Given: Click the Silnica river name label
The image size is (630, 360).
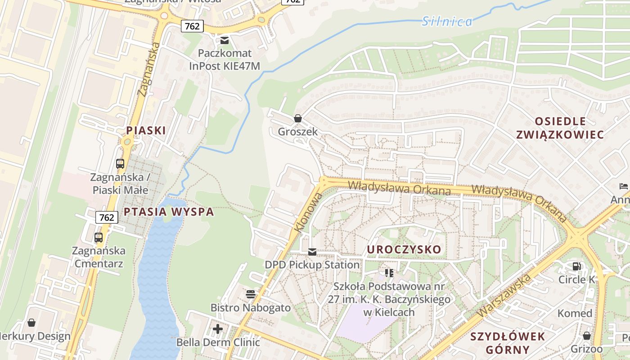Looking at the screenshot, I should pyautogui.click(x=447, y=22).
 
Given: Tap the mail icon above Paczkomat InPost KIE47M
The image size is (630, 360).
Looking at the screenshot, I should pyautogui.click(x=225, y=41).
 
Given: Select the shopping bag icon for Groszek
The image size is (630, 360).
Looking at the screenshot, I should pyautogui.click(x=297, y=118).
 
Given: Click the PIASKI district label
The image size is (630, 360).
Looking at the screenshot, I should pyautogui.click(x=146, y=130).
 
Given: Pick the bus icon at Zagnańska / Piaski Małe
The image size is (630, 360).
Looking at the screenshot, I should pyautogui.click(x=120, y=164).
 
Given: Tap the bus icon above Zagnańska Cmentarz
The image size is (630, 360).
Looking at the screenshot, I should pyautogui.click(x=98, y=237).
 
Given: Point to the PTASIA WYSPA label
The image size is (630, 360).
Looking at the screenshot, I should pyautogui.click(x=169, y=211).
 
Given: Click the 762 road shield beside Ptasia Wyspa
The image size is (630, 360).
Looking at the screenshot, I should pyautogui.click(x=107, y=218).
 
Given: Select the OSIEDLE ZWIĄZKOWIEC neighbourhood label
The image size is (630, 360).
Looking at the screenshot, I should pyautogui.click(x=560, y=128).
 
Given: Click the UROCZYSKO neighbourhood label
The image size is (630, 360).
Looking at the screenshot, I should pyautogui.click(x=404, y=249).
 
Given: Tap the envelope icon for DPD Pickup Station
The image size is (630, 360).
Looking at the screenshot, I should pyautogui.click(x=312, y=252).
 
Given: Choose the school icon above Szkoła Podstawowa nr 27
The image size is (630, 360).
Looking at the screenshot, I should pyautogui.click(x=389, y=273).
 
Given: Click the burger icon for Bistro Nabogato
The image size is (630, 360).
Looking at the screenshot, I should pyautogui.click(x=251, y=294).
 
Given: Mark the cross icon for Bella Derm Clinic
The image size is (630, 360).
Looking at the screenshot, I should pyautogui.click(x=218, y=329).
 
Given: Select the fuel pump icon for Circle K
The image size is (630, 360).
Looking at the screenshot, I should pyautogui.click(x=576, y=266).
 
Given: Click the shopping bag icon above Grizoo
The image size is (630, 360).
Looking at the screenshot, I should pyautogui.click(x=587, y=336).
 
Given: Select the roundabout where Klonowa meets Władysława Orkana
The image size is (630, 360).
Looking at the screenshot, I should pyautogui.click(x=323, y=181).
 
